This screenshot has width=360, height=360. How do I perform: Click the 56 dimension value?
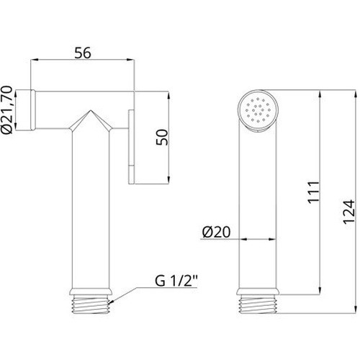[x=83, y=53]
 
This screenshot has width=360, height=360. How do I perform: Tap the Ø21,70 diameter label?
[x=6, y=109]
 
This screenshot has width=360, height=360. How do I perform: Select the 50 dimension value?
[x=162, y=137]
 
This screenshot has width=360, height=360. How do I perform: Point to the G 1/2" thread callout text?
[x=176, y=281]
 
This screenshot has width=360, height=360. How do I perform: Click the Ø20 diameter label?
[x=217, y=232]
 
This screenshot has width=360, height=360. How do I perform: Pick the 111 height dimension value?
[x=314, y=193]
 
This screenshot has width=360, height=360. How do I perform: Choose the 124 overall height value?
[x=348, y=212]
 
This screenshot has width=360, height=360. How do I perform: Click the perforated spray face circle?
[x=258, y=111]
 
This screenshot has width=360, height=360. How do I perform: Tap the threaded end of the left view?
[x=91, y=305]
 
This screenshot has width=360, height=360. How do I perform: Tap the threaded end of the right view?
[x=258, y=305]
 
